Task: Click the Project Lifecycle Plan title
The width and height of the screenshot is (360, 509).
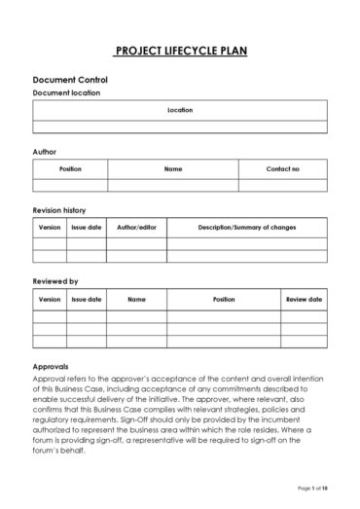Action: [180, 49]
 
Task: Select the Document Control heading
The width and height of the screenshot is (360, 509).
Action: [70, 79]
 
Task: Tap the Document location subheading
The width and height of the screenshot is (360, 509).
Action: [66, 92]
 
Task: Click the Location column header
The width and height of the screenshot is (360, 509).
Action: [180, 110]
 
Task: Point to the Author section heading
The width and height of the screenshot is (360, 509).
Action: [45, 152]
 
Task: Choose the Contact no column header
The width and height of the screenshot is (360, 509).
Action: [283, 168]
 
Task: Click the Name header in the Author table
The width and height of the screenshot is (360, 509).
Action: [173, 168]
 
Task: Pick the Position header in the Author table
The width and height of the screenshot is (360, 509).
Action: [70, 168]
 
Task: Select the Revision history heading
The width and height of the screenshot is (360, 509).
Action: [59, 209]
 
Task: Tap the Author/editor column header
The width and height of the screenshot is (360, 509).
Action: [136, 227]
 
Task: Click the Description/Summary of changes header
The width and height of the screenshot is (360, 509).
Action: [247, 227]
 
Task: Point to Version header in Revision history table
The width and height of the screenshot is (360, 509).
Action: [50, 227]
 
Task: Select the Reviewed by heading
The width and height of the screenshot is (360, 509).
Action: [55, 281]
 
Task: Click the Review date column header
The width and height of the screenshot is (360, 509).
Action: [304, 299]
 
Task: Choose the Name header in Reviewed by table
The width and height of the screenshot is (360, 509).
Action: [136, 299]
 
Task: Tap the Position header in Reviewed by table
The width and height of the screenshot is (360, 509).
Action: [224, 299]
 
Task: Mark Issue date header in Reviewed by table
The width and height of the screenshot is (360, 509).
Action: [87, 299]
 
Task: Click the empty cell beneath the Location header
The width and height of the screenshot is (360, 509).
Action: [180, 127]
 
